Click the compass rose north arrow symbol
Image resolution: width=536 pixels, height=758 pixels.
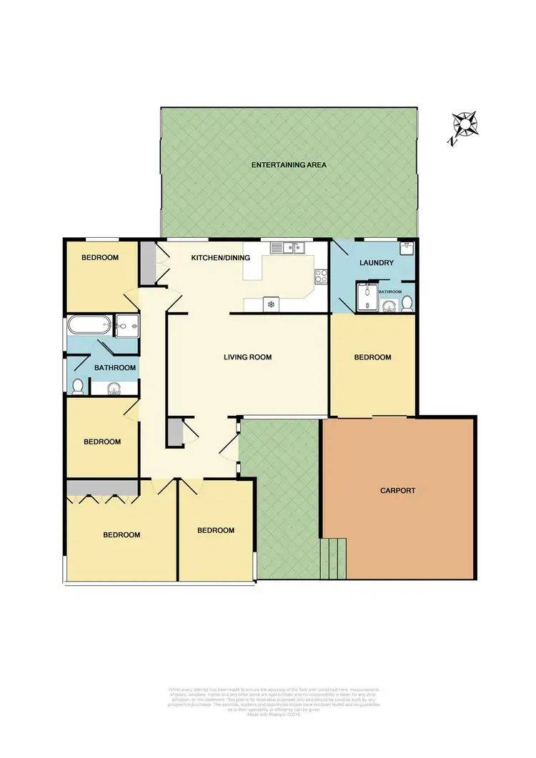[465, 126]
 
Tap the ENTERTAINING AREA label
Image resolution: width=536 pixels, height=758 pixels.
[289, 165]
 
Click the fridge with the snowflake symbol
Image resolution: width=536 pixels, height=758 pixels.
[272, 303]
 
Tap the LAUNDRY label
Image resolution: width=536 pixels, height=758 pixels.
[377, 263]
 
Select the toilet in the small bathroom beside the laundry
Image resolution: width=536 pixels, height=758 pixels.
[407, 304]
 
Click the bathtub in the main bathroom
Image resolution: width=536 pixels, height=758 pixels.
[89, 326]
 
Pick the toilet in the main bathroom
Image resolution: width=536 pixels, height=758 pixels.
[78, 387]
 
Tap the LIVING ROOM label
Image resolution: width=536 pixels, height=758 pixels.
[247, 357]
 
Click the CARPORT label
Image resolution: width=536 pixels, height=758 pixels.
[397, 491]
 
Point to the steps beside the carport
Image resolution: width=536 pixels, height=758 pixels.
[334, 558]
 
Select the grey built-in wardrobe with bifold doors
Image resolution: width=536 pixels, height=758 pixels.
[102, 487]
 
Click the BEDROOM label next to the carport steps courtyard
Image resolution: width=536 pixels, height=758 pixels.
[216, 530]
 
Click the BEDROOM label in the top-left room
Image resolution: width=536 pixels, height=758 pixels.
[99, 258]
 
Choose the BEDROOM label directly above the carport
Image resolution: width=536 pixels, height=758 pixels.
[373, 357]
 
